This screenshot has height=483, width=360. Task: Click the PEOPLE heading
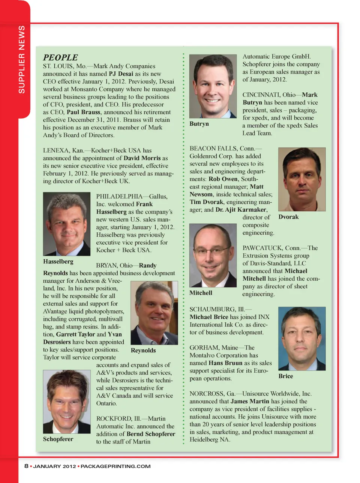[60, 57]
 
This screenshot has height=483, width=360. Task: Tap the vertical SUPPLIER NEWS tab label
[22, 60]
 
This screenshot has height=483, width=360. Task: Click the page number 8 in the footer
[26, 466]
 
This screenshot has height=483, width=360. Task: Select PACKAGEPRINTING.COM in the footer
[115, 466]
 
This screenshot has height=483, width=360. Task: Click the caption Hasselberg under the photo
[58, 262]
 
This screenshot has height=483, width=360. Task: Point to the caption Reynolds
[143, 351]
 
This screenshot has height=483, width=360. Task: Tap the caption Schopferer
[58, 439]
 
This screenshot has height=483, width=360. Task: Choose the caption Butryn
[199, 124]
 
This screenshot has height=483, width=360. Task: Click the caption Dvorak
[288, 217]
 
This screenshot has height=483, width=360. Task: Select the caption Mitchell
[201, 293]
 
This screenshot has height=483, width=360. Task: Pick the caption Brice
[286, 376]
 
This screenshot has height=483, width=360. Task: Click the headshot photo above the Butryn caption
[213, 86]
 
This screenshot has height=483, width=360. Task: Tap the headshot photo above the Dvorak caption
[302, 179]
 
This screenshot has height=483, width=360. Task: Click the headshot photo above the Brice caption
[302, 339]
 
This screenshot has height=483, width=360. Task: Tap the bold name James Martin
[250, 401]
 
